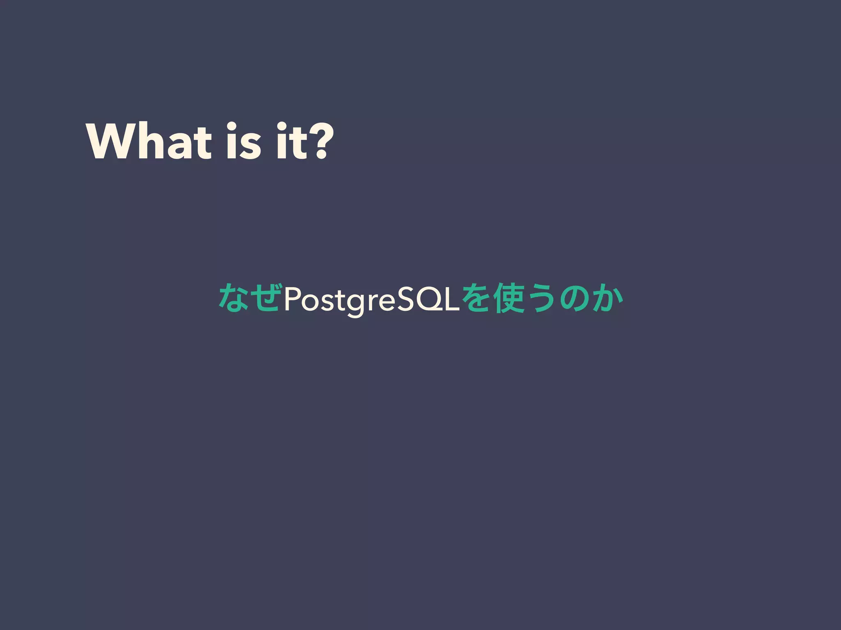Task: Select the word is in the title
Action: (243, 142)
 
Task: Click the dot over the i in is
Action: (232, 126)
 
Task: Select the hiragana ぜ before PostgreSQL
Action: (267, 298)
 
